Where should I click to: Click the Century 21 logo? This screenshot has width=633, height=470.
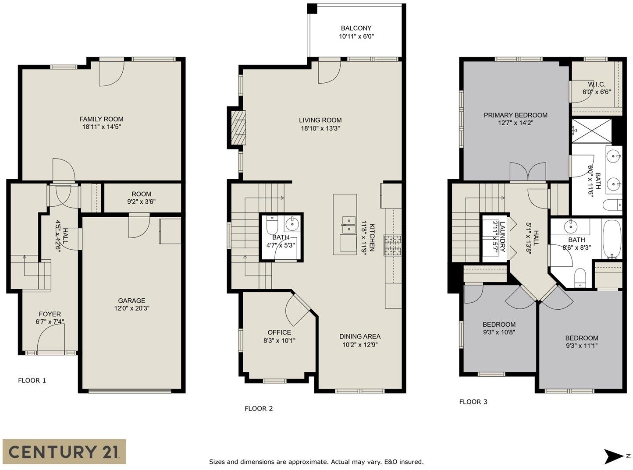tap(64, 451)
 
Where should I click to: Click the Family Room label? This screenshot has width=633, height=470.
tap(101, 119)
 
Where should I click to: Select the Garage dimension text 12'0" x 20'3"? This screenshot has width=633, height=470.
tap(132, 308)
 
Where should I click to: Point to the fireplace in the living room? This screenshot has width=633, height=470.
tap(238, 127)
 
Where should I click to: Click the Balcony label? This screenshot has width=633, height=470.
tap(356, 28)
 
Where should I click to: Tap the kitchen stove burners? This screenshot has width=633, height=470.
tap(392, 245)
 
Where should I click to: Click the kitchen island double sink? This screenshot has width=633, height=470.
tap(349, 225)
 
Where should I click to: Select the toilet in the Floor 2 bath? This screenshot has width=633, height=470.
tap(271, 225)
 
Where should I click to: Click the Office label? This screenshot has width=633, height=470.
tap(279, 332)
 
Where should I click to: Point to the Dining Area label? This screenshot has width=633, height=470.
tap(359, 336)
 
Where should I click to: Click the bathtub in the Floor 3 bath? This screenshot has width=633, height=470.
tap(612, 239)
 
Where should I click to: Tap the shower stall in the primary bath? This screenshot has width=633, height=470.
tap(592, 131)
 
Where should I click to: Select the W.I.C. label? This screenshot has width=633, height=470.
tap(597, 85)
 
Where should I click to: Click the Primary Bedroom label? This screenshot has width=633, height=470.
tap(516, 115)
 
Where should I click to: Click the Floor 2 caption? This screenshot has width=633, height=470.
tap(259, 409)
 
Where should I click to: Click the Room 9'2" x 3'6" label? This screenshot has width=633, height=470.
tap(141, 198)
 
